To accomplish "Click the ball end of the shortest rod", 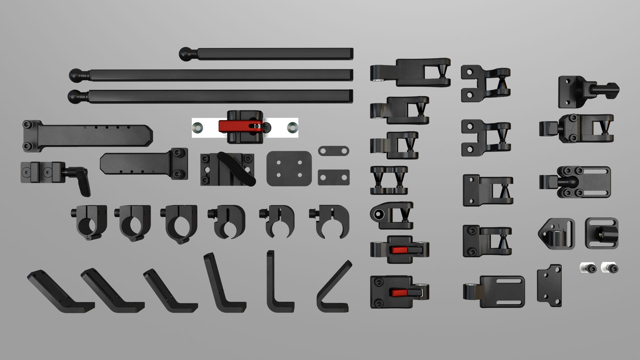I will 185,54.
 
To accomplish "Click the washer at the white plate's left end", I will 198,127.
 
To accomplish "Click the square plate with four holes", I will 289,168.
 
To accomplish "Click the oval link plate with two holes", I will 333,151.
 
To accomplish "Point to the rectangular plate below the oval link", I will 333,177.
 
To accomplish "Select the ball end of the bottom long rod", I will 74,97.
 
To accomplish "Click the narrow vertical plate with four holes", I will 549,286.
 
